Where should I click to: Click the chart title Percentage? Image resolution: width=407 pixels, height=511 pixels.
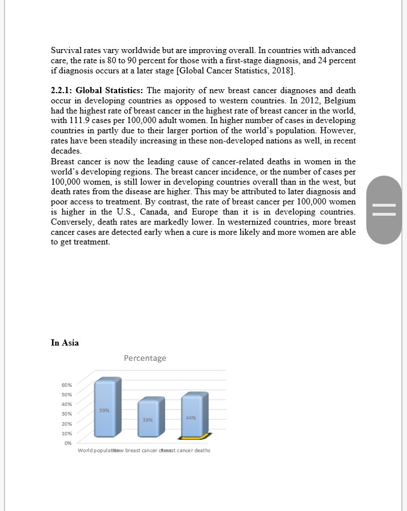145,358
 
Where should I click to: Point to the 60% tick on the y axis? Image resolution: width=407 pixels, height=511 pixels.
67,385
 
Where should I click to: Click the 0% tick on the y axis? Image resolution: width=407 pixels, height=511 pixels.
68,443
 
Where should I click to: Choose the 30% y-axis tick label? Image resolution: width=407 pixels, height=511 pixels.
67,414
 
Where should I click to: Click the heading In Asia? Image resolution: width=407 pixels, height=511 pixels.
64,343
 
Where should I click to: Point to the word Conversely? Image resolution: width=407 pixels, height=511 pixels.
73,222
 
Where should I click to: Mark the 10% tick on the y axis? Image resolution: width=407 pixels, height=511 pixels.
67,433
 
